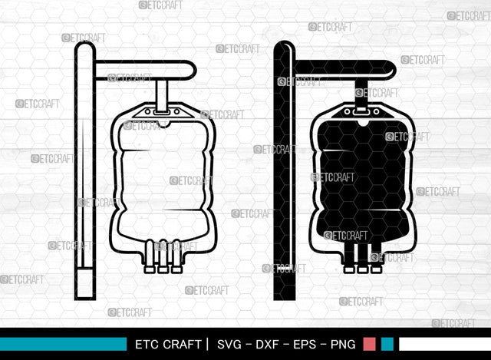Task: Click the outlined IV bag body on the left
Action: [163, 184]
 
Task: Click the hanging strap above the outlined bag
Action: [162, 94]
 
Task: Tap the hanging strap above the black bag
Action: [361, 94]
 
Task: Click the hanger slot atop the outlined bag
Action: [162, 111]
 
